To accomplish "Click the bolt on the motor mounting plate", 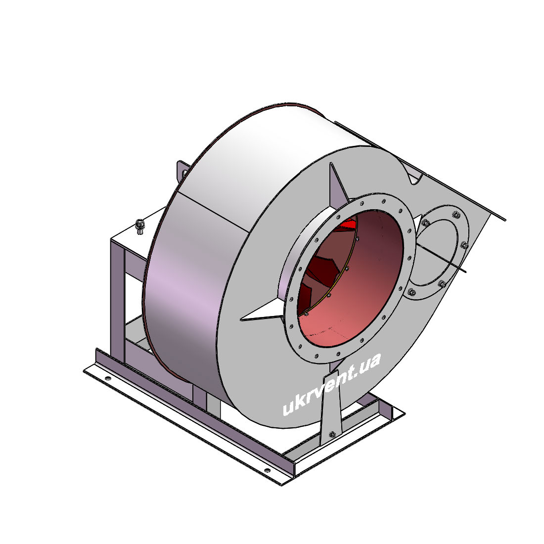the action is (x=139, y=226).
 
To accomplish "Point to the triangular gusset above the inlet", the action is (x=338, y=184).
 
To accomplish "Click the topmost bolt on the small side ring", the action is (x=456, y=215).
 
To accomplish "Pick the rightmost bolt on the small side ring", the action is (x=464, y=245).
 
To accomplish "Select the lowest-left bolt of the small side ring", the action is (x=411, y=292).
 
